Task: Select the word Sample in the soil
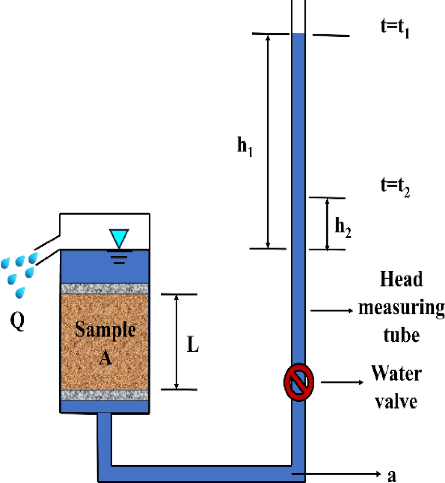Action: tap(105, 330)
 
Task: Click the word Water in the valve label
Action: tap(396, 373)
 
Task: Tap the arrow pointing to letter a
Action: tap(335, 474)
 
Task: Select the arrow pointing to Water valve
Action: tap(342, 383)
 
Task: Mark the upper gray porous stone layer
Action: tap(105, 289)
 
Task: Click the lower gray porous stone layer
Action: tap(105, 395)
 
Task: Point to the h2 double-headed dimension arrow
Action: tap(328, 224)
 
